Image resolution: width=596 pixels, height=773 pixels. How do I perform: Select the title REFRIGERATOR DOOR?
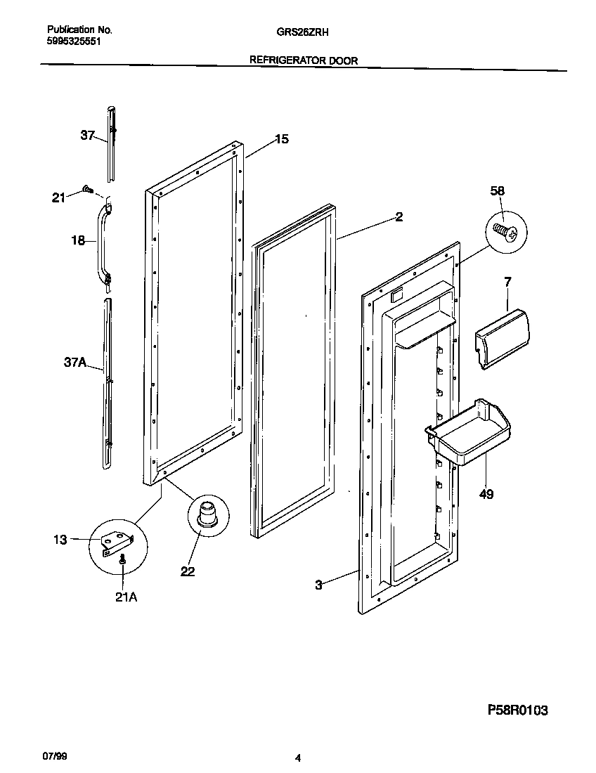[x=304, y=60]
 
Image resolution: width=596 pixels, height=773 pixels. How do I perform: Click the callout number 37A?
[x=74, y=363]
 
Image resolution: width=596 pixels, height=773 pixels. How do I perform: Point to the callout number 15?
[x=280, y=139]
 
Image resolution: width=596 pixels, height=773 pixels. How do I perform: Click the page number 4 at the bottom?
[x=298, y=758]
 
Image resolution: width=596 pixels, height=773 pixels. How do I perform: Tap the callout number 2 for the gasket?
[x=399, y=217]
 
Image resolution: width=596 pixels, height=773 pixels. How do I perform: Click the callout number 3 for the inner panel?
[x=318, y=585]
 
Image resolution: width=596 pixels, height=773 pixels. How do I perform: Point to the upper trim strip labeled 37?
[x=111, y=141]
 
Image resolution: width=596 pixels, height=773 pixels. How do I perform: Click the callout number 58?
[x=497, y=191]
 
